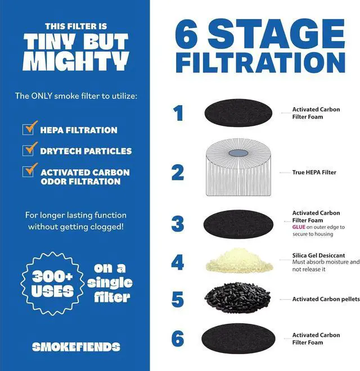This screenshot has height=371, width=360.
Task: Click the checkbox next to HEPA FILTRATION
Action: coord(30,129)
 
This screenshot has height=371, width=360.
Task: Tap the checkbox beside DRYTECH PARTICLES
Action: coord(30,150)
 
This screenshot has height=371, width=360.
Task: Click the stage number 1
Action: coord(178,114)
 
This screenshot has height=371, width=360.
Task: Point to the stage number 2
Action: coord(178,172)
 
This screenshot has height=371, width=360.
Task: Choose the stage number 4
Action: coord(178,263)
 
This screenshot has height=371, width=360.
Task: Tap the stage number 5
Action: coord(178,299)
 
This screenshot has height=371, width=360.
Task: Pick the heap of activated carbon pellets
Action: coord(239,297)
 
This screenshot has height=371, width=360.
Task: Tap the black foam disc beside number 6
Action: coord(239,338)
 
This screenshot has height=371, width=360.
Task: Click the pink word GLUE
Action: coord(299,227)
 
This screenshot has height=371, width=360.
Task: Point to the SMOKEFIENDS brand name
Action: coord(76,347)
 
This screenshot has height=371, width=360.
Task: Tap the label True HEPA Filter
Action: coord(314,173)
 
